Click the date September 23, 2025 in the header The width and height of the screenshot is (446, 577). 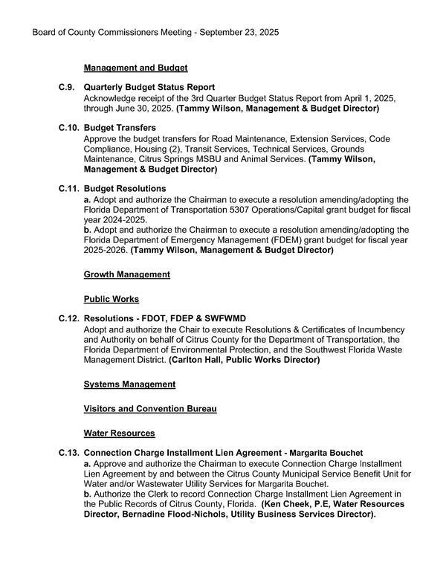click(x=239, y=33)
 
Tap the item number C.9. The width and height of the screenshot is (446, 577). click(x=66, y=87)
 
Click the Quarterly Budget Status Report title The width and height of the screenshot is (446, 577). click(x=149, y=87)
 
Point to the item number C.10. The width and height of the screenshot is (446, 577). click(x=69, y=128)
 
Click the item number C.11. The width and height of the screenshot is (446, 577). click(x=69, y=189)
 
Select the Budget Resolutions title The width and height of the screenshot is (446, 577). click(x=125, y=189)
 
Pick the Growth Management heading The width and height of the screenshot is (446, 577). click(x=127, y=274)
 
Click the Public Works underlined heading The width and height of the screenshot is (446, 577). click(x=111, y=299)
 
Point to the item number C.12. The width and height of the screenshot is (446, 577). click(x=69, y=318)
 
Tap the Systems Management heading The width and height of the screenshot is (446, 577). click(x=129, y=384)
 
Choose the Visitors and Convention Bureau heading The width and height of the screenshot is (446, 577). click(x=150, y=409)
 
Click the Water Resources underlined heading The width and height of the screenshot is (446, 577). click(x=119, y=433)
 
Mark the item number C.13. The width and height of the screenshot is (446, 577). click(x=69, y=453)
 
